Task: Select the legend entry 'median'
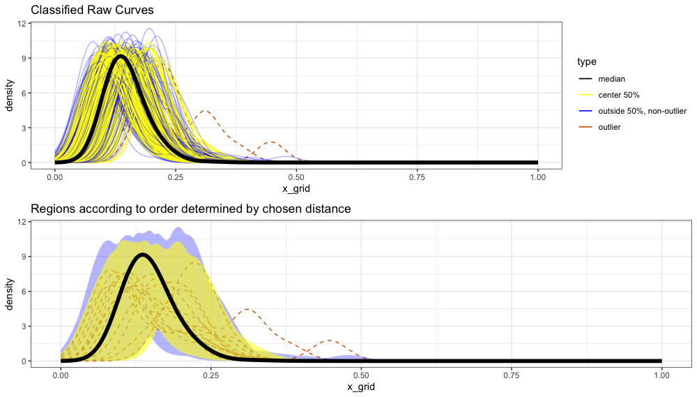(611, 79)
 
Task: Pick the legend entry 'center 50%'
(620, 95)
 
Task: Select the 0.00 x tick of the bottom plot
(61, 374)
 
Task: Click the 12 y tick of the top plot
(22, 23)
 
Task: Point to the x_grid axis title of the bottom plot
(361, 385)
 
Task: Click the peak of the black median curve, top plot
(121, 56)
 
